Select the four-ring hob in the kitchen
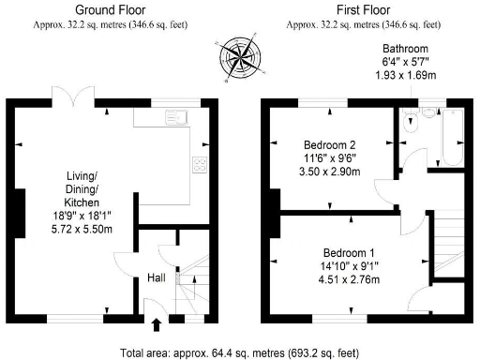click(x=199, y=166)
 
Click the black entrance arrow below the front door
click(x=156, y=325)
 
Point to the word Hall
click(x=157, y=277)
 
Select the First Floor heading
click(x=366, y=9)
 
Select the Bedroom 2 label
click(x=328, y=144)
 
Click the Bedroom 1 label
click(x=349, y=253)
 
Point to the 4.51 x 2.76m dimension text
click(x=349, y=279)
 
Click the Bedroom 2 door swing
click(x=384, y=187)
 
